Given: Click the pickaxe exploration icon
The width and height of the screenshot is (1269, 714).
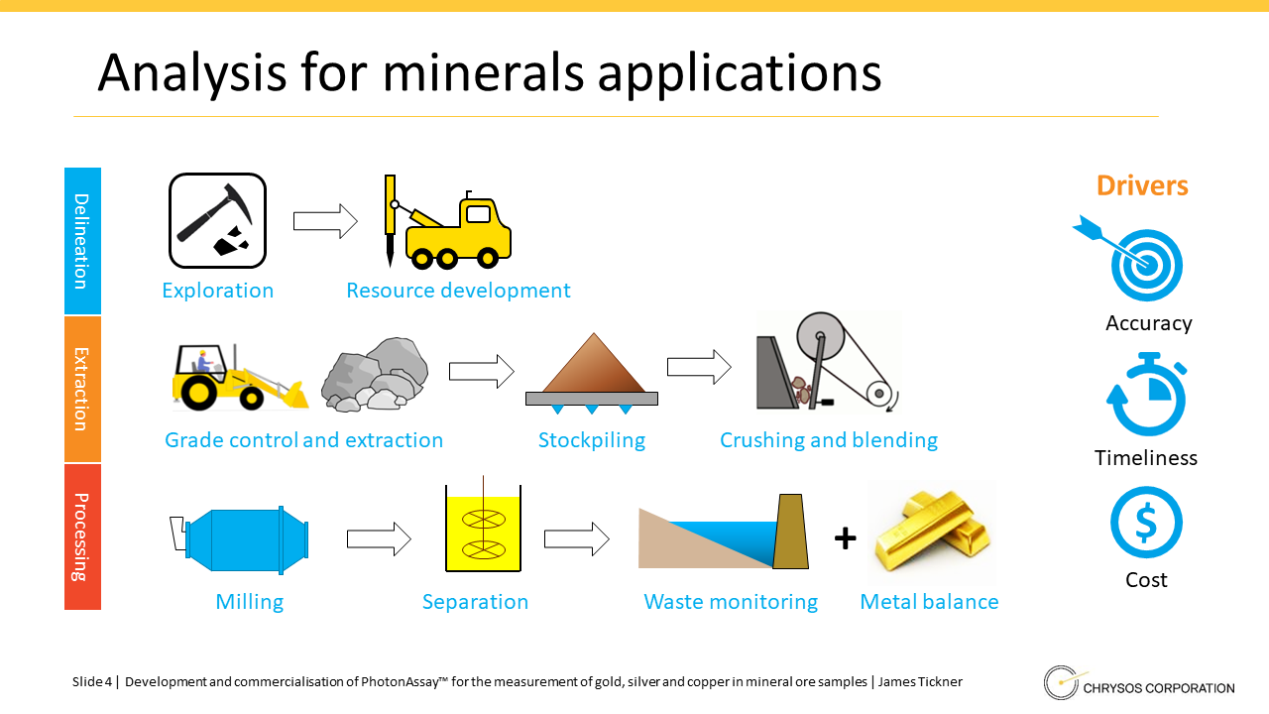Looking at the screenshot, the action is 217,220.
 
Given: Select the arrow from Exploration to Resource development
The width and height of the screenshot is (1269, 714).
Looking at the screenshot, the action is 325,221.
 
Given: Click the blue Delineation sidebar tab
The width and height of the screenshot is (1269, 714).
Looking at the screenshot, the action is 82,241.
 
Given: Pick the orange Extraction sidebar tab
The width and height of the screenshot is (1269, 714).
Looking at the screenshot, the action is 82,390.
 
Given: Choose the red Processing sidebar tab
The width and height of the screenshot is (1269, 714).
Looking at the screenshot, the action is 82,537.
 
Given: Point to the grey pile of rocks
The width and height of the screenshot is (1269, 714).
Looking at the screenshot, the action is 375,374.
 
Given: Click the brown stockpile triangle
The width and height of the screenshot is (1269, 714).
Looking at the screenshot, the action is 593,363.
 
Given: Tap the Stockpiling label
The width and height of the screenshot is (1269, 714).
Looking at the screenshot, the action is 592,440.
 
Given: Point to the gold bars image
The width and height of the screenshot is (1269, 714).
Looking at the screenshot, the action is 932,533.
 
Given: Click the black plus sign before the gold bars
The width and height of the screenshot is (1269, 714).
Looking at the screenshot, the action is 846,538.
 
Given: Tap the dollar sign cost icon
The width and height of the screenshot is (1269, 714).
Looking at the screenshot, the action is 1146,523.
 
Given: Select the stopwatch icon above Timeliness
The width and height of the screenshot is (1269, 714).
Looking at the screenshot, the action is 1146,395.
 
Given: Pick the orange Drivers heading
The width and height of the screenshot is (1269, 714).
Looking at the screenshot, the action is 1142,185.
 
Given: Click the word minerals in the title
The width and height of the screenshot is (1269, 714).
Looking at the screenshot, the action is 483,72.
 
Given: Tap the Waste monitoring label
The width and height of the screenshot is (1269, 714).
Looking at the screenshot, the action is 731,602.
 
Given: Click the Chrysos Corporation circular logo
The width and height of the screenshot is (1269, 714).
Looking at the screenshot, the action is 1061,683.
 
